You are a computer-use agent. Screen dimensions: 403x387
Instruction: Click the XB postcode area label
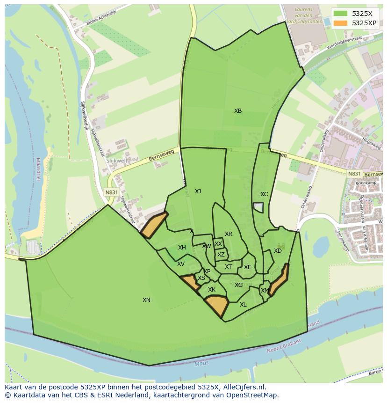pos(238,111)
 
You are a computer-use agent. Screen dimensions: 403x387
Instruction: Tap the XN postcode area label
pos(146,300)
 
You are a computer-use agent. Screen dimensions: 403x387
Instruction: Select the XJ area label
pos(198,191)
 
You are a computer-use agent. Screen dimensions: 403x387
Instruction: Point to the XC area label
pos(264,194)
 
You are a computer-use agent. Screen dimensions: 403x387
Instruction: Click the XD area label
pos(278,251)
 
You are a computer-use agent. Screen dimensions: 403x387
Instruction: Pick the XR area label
pos(228,234)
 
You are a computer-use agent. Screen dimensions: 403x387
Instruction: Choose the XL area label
pos(243,305)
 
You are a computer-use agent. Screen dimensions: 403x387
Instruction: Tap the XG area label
pos(238,285)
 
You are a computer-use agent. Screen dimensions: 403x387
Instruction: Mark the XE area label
pos(247,267)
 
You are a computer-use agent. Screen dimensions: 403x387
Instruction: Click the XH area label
pos(182,248)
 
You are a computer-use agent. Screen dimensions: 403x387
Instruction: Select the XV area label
pos(180,264)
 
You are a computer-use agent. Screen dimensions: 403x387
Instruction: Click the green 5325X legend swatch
pos(340,14)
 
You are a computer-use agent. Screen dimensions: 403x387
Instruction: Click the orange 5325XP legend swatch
pos(340,23)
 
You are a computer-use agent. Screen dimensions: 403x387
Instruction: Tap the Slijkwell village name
pos(116,160)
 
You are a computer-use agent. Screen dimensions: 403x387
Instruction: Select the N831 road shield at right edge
pos(354,174)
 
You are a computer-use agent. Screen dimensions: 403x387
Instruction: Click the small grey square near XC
pos(258,207)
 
